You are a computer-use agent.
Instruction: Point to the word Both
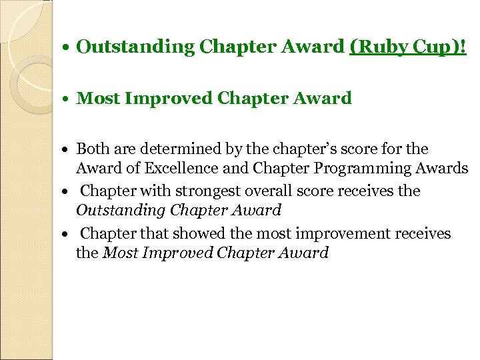point(92,149)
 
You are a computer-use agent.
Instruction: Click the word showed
point(188,234)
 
